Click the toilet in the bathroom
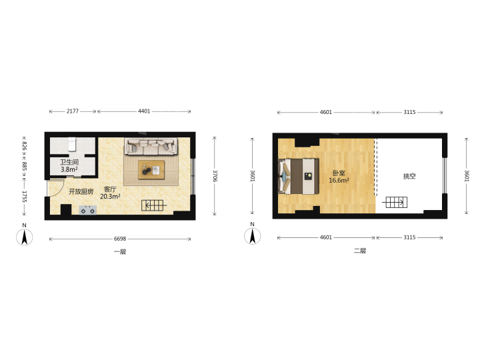pos(72,144)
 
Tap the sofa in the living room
pos(151,146)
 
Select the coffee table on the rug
pos(151,170)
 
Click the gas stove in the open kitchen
pos(88,210)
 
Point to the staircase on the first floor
pos(153,205)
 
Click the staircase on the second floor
pos(395,203)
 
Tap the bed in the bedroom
pos(299,176)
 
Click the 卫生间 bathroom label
pos(69,162)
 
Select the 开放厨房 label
pos(81,191)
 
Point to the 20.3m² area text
pos(110,197)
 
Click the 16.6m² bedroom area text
pos(339,181)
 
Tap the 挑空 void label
pos(409,176)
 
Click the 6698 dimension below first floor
pos(120,239)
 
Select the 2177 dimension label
pos(73,111)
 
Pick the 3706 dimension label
pos(215,176)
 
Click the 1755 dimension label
pos(25,197)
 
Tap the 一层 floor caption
pos(120,251)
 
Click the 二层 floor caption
pos(360,251)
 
